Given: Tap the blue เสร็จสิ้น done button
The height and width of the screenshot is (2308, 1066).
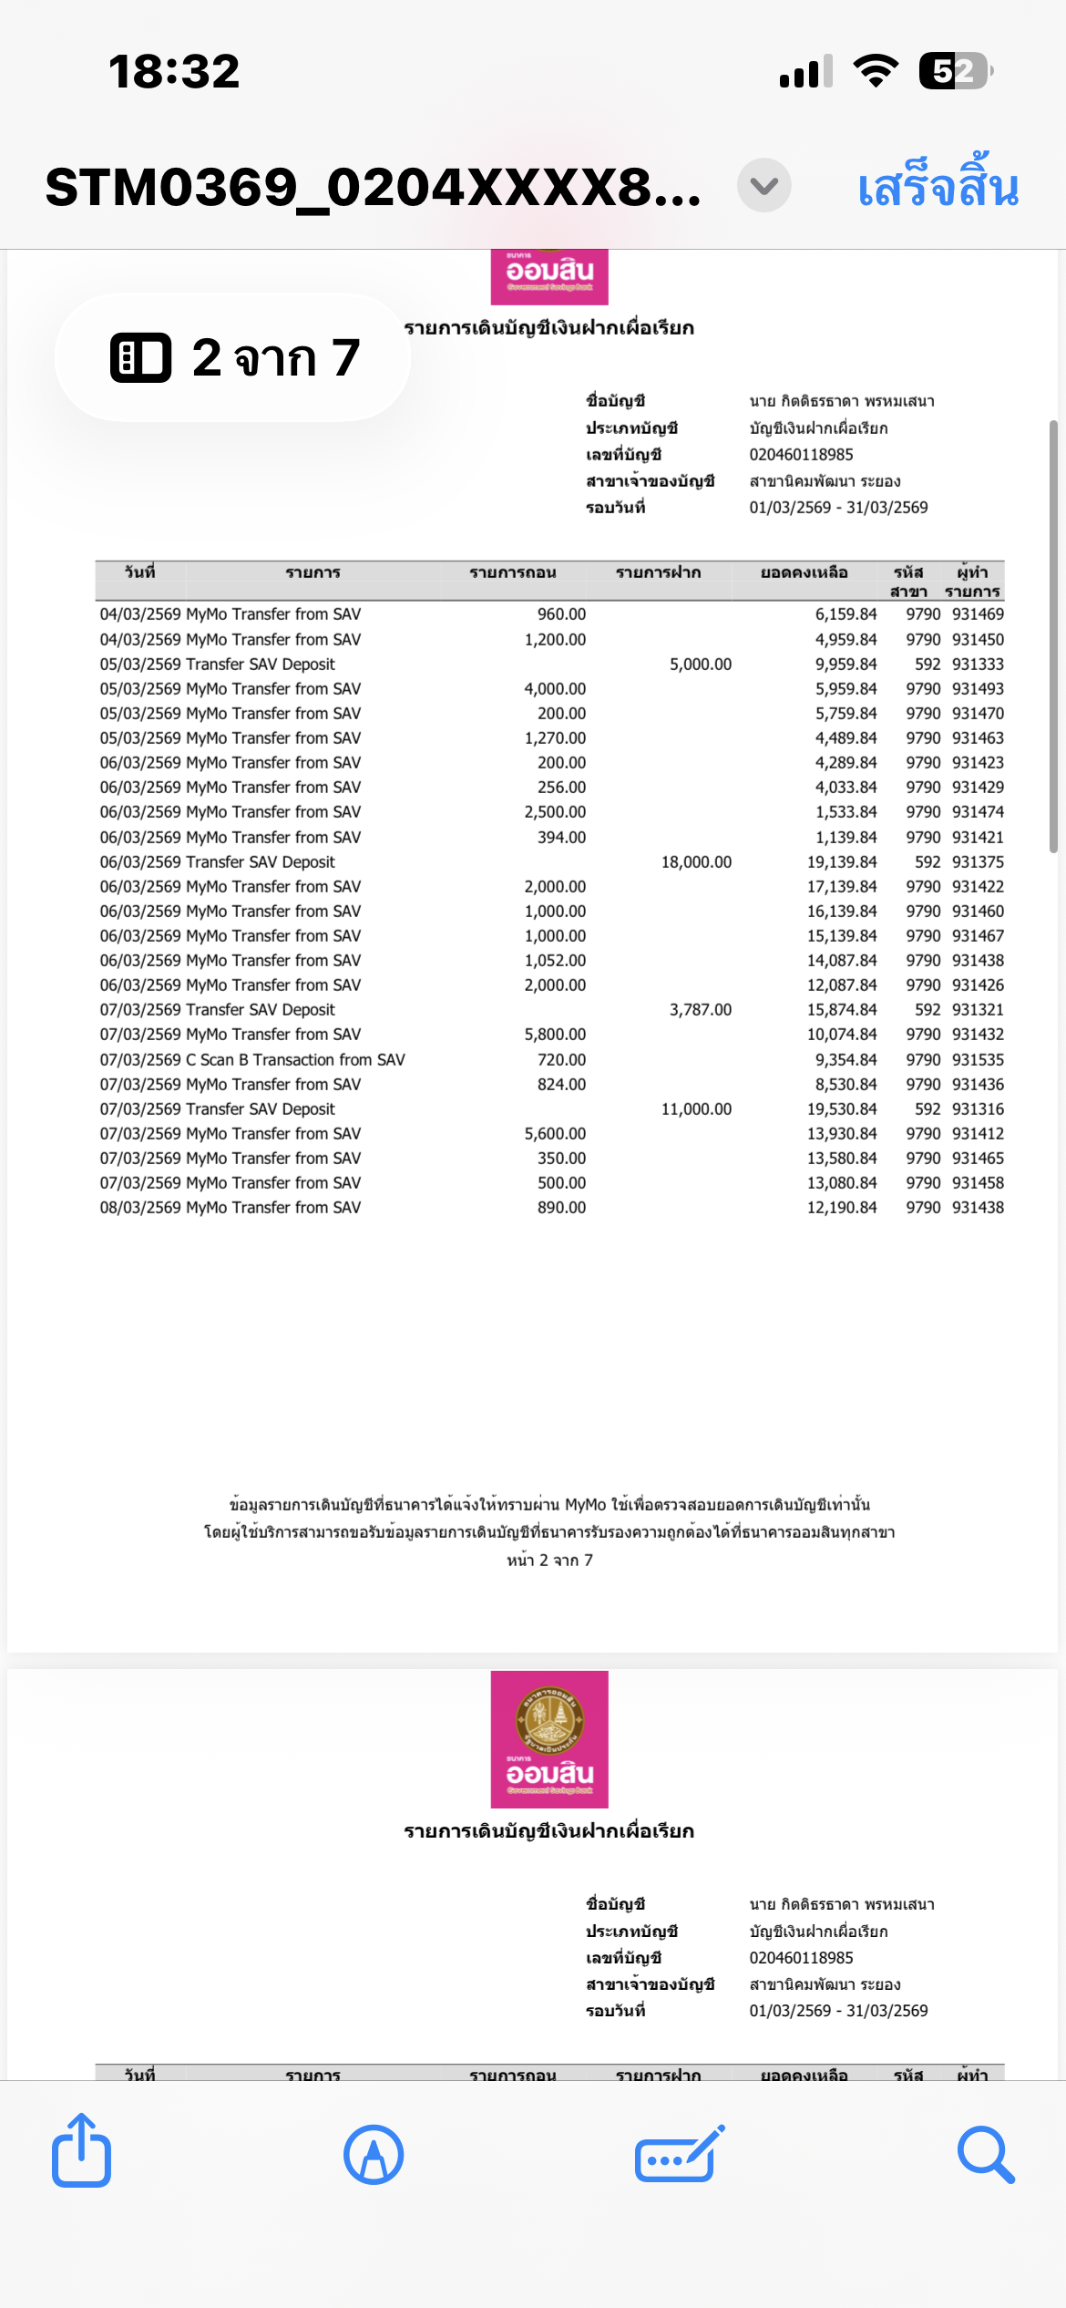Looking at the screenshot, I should pyautogui.click(x=938, y=187).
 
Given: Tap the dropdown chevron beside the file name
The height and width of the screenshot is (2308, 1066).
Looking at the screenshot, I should pyautogui.click(x=764, y=186).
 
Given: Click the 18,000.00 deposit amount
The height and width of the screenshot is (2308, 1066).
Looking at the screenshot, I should pyautogui.click(x=696, y=862).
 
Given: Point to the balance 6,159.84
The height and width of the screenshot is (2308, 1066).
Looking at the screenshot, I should pyautogui.click(x=846, y=614).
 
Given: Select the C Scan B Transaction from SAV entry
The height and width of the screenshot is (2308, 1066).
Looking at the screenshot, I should pyautogui.click(x=295, y=1060).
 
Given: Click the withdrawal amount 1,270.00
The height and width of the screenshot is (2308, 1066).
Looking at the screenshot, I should pyautogui.click(x=555, y=738).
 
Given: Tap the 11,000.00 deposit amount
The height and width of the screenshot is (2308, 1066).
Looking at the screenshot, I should pyautogui.click(x=696, y=1109).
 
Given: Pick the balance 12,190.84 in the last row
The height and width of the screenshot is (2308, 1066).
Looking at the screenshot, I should pyautogui.click(x=842, y=1208).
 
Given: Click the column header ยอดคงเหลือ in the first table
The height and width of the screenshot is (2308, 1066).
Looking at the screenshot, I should pyautogui.click(x=805, y=572).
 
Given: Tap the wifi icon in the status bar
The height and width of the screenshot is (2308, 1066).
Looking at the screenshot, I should pyautogui.click(x=876, y=70).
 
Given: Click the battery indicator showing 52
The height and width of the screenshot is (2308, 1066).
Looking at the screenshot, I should pyautogui.click(x=955, y=70).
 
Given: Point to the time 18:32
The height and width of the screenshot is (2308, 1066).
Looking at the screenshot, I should pyautogui.click(x=174, y=71).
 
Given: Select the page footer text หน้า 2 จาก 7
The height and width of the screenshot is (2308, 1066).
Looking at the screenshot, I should pyautogui.click(x=549, y=1561).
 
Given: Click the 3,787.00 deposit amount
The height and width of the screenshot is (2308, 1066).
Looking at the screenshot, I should pyautogui.click(x=700, y=1010).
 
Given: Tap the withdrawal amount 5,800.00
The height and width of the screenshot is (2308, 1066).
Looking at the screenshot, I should pyautogui.click(x=555, y=1035).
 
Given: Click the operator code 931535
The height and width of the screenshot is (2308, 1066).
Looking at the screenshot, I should pyautogui.click(x=978, y=1060).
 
